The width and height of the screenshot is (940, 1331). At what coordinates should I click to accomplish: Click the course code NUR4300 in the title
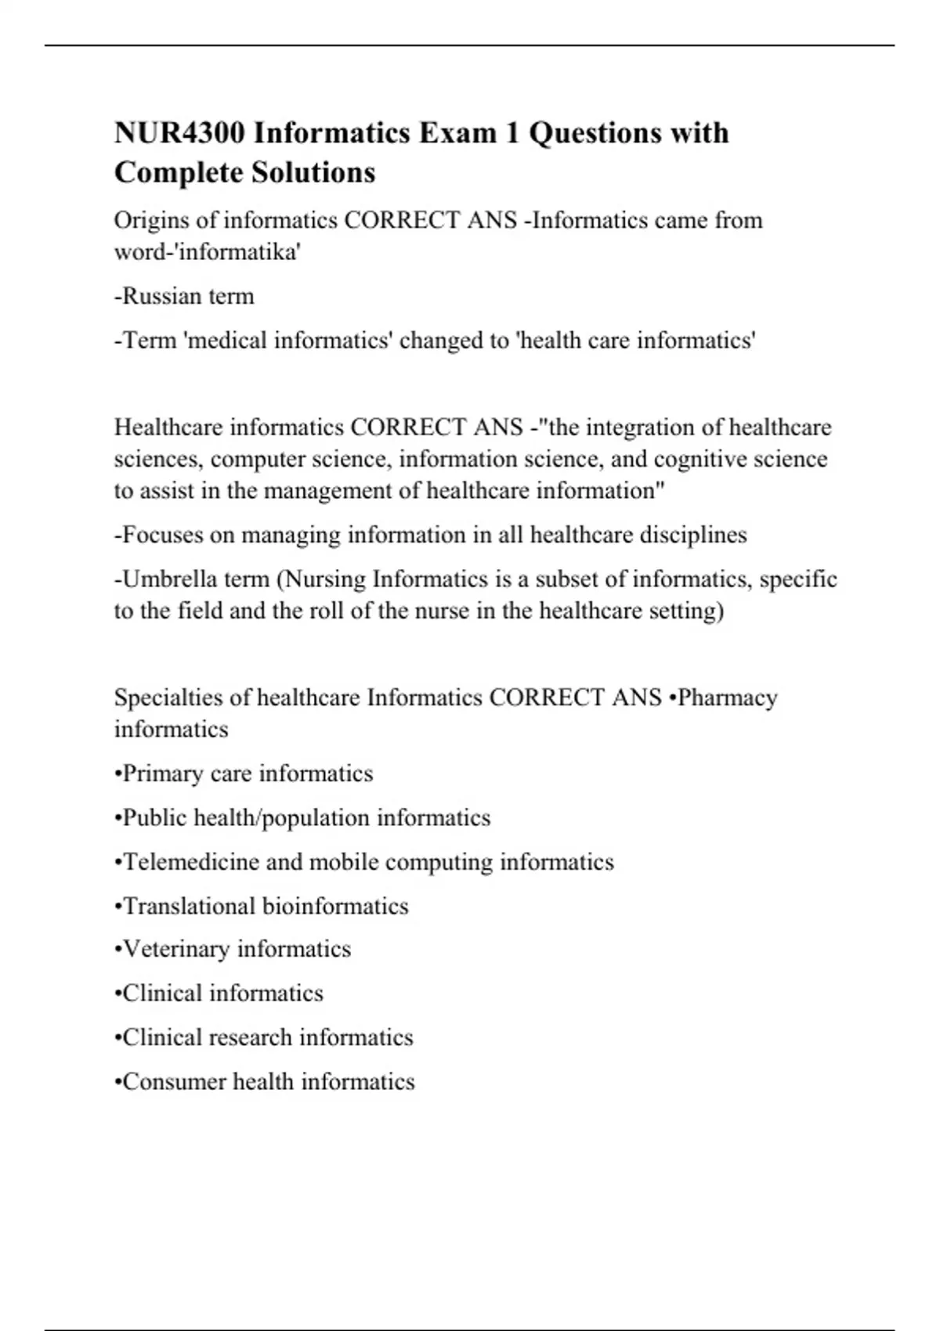(x=179, y=133)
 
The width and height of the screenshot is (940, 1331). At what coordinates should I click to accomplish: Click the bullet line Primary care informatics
(x=244, y=774)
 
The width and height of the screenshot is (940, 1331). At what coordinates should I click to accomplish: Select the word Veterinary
(x=176, y=949)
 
